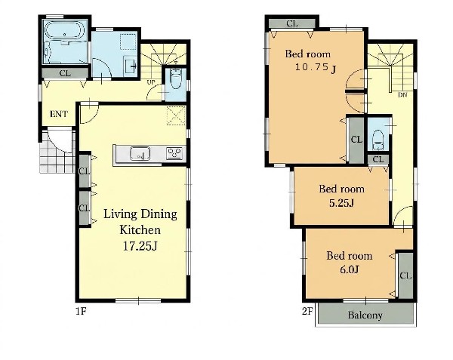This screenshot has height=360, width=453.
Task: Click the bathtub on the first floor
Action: click(x=64, y=29)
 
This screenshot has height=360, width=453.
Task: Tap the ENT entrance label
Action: click(x=59, y=114)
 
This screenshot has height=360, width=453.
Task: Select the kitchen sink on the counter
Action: click(x=140, y=153)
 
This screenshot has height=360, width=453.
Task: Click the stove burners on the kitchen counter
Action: click(x=174, y=153)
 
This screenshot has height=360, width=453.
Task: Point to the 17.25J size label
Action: click(x=140, y=246)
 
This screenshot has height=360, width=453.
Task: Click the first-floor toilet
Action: click(x=176, y=79)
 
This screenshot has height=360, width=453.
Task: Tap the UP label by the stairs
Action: click(x=151, y=82)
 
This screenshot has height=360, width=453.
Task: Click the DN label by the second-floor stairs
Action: click(x=402, y=94)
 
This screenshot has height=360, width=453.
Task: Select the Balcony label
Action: click(x=365, y=315)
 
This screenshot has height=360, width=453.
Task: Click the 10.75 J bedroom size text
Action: click(x=316, y=68)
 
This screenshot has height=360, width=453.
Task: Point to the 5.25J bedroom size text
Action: click(x=341, y=203)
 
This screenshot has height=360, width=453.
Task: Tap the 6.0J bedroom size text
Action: click(x=350, y=269)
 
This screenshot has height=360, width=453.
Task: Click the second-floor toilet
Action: click(x=377, y=140)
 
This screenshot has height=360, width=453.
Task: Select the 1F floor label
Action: click(x=81, y=311)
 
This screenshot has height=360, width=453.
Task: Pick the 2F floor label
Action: click(x=307, y=312)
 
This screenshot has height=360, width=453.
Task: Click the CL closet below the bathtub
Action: click(x=65, y=73)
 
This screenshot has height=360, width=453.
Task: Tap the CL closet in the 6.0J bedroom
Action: click(x=405, y=275)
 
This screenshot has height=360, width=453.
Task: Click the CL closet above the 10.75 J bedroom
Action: click(x=291, y=23)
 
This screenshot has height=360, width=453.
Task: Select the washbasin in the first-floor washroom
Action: click(x=130, y=66)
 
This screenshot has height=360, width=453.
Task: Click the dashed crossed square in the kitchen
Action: click(x=176, y=115)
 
